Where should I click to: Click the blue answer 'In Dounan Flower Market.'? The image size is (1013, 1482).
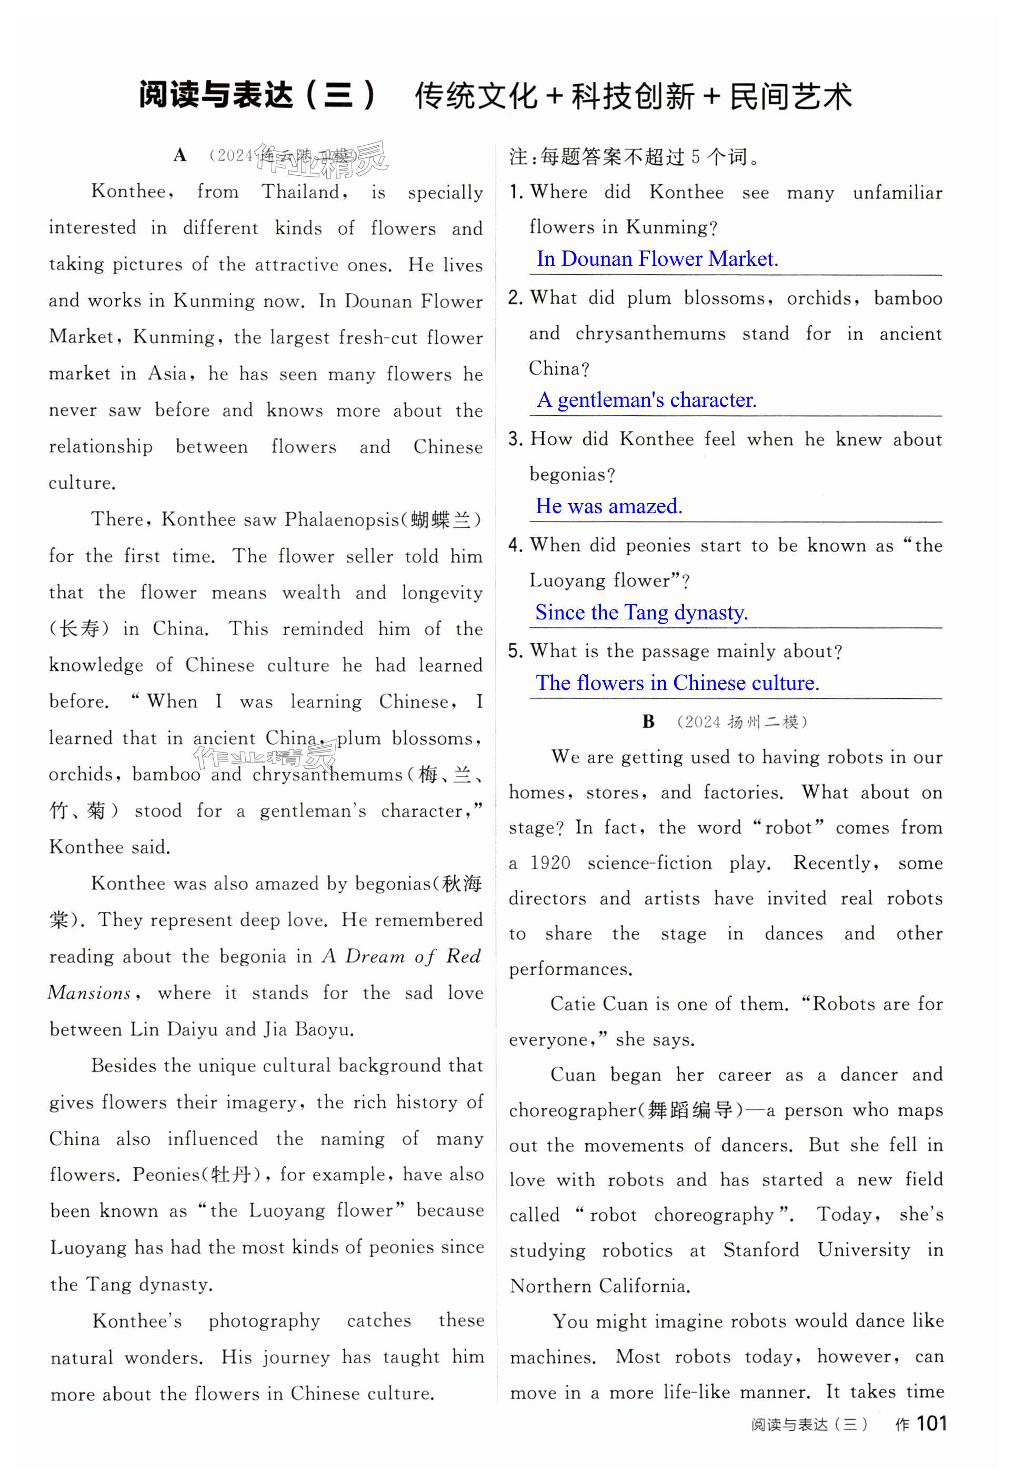pos(657,259)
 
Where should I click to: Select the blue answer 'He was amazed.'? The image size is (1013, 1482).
pos(609,506)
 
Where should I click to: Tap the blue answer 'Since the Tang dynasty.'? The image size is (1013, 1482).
pos(641,612)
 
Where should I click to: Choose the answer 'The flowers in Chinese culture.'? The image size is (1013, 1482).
pos(677,683)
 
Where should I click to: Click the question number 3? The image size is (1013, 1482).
pos(515,439)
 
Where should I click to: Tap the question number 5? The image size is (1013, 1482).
pos(515,651)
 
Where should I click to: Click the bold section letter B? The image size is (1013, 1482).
pos(648,722)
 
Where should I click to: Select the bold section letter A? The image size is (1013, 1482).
pos(180,156)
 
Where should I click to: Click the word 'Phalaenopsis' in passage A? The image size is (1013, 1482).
pos(342,520)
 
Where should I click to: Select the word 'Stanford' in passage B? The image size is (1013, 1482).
pos(760,1250)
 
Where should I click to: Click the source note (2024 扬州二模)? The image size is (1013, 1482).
pos(742,723)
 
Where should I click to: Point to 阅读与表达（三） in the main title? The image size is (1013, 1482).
pos(256,97)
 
